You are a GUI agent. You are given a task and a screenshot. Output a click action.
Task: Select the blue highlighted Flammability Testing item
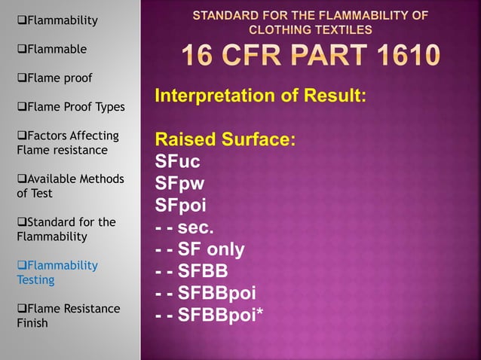(57, 272)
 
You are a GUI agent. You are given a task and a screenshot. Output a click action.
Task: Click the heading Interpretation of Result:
(260, 96)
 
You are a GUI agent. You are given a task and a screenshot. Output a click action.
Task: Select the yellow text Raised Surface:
(225, 140)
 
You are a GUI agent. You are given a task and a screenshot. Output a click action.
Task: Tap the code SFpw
(179, 184)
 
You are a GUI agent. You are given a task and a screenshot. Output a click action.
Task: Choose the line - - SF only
(200, 249)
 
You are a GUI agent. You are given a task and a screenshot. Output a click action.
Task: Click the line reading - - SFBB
(192, 271)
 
